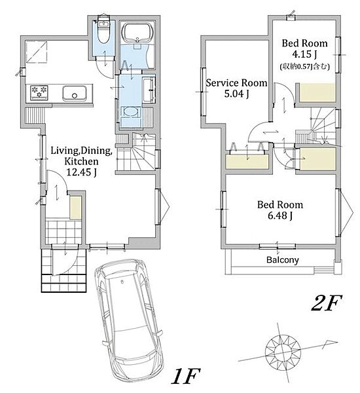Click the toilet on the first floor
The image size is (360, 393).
103,29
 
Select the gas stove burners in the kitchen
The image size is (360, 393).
39,92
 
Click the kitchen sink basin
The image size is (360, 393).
75,93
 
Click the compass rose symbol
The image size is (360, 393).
283,350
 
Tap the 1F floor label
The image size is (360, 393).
186,376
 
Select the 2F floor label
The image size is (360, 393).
327,303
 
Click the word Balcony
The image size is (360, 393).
282,260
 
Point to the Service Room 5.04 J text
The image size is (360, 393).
236,88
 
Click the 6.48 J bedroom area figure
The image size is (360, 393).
280,215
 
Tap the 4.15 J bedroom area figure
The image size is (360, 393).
304,54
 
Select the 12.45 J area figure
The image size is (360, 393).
81,172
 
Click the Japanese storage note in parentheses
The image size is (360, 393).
304,66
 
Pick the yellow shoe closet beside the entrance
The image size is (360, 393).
76,208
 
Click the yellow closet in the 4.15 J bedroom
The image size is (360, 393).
317,92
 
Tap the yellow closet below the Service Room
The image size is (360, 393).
247,162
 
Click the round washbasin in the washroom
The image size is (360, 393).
131,112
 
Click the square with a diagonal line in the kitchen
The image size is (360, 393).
37,51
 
